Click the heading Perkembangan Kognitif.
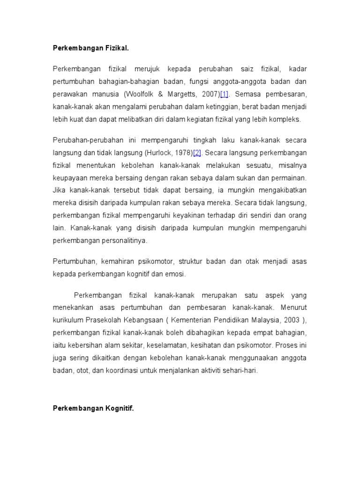tap(93, 408)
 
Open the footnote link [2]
tap(197, 152)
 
